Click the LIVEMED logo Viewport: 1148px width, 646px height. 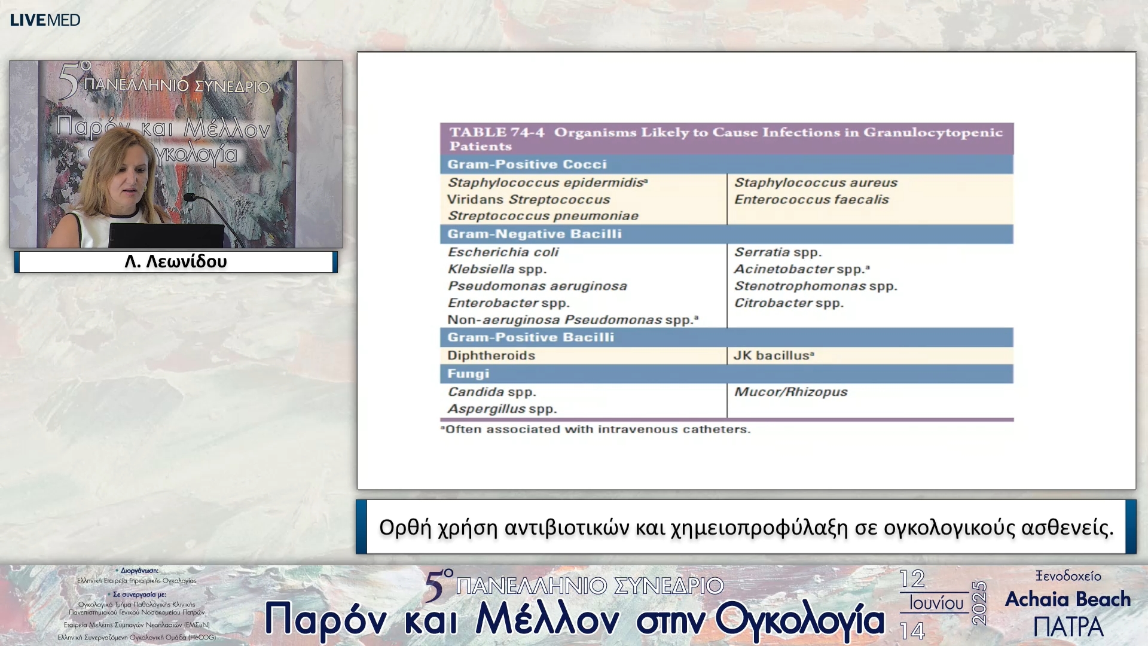click(45, 20)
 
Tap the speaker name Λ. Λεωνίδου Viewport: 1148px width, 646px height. click(176, 261)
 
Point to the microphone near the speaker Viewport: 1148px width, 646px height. click(192, 197)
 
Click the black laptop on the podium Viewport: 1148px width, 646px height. click(166, 236)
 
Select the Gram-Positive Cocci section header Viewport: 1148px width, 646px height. click(527, 164)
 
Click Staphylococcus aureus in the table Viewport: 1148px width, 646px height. click(816, 182)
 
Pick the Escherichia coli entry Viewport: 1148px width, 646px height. click(503, 252)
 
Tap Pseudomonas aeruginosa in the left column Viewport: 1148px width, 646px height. click(537, 286)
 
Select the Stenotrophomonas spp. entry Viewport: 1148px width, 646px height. click(816, 286)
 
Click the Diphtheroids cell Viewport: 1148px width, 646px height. click(491, 355)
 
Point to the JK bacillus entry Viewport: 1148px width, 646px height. click(773, 355)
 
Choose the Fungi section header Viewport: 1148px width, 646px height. click(468, 374)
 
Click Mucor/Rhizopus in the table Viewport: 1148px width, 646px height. click(790, 392)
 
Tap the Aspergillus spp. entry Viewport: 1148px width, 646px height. click(502, 409)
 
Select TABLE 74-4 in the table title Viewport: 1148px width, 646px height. click(497, 132)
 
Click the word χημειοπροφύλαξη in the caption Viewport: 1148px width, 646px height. click(759, 528)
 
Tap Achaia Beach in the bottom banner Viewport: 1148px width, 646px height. click(1068, 599)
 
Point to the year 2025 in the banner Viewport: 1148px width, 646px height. click(979, 603)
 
